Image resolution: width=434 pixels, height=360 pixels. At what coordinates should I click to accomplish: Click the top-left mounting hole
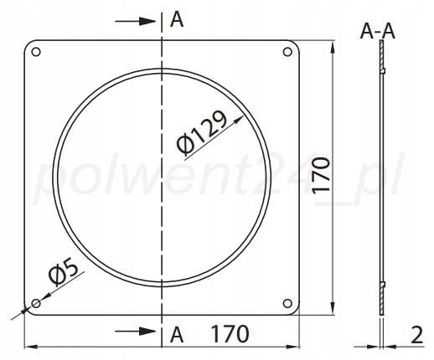coord(36,52)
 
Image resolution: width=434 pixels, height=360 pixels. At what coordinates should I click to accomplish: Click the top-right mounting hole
coord(287,52)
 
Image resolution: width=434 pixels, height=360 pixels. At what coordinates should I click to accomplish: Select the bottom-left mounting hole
coord(36,303)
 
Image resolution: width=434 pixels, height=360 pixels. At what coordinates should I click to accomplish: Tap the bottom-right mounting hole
coord(287,303)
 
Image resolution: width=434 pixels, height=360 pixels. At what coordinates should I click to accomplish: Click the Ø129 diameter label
coord(202,133)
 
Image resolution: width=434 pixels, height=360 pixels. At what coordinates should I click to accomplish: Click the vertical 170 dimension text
coord(321,176)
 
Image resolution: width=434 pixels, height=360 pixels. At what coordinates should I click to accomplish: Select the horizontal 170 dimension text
coord(230,333)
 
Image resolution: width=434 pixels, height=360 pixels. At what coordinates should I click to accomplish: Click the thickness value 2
coord(417,335)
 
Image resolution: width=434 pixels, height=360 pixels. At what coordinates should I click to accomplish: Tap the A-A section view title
coord(378,31)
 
